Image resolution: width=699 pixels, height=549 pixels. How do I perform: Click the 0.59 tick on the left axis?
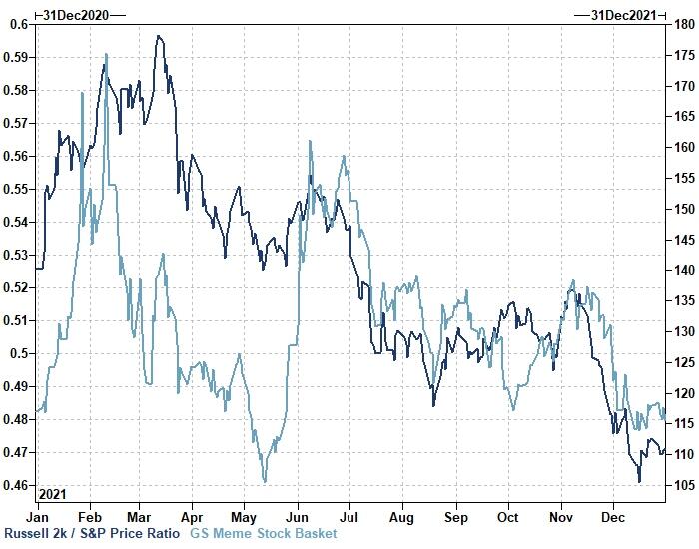pos(16,57)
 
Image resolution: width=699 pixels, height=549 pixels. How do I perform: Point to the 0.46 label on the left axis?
pos(16,486)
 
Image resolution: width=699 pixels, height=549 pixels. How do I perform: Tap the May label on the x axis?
pos(244,518)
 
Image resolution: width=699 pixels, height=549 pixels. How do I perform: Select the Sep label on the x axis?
pos(455,518)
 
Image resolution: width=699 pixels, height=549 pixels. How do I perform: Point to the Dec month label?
pos(613,518)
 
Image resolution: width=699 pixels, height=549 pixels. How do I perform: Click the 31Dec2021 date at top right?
pos(625,14)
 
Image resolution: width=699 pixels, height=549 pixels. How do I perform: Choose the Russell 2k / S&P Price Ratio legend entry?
pos(92,534)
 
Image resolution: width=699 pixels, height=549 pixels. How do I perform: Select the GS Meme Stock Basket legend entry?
pos(264,534)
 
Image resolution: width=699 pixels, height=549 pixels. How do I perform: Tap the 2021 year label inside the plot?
pos(54,494)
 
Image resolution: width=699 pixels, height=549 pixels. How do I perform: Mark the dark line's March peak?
pos(159,36)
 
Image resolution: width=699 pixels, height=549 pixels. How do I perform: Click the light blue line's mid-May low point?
pos(265,482)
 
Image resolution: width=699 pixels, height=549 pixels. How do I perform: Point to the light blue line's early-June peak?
pos(311,141)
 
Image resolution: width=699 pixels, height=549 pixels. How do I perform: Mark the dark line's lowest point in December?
pos(639,482)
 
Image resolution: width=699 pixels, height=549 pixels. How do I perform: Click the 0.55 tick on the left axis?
pos(16,189)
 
